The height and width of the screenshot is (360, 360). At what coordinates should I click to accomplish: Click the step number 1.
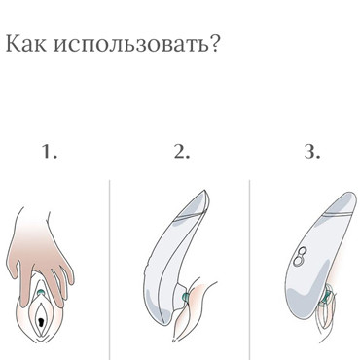pyautogui.click(x=50, y=153)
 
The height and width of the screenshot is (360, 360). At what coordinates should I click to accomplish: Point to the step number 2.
pyautogui.click(x=180, y=153)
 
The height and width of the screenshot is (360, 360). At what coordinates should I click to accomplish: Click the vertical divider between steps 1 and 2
pyautogui.click(x=109, y=263)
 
